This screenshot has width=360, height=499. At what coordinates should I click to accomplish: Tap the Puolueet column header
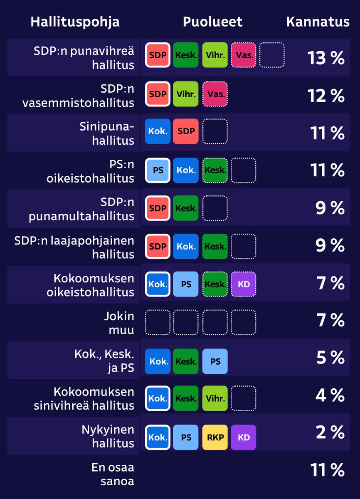click(x=212, y=22)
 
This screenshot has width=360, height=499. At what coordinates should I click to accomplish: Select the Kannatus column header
click(x=318, y=22)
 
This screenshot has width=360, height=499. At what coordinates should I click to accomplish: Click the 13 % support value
click(x=326, y=58)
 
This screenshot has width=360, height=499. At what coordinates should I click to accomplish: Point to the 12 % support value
click(x=326, y=96)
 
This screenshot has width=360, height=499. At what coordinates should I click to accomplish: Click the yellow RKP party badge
click(x=215, y=437)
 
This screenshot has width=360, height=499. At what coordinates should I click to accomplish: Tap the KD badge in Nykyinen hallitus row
click(x=243, y=437)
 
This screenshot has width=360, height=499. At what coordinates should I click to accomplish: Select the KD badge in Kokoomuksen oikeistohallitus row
click(x=243, y=284)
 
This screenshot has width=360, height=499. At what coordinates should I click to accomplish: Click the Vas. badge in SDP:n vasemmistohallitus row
click(x=215, y=94)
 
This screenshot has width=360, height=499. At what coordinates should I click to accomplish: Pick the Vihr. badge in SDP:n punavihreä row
click(x=215, y=55)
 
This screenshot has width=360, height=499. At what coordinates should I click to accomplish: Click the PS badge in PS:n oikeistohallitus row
click(x=158, y=170)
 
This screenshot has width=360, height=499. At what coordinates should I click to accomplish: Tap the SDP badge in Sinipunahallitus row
click(x=186, y=131)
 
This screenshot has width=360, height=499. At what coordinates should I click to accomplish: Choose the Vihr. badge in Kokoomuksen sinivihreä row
click(x=215, y=398)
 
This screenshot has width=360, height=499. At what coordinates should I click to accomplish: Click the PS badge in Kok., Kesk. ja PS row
click(x=215, y=361)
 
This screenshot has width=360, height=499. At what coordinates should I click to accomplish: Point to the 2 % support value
click(x=330, y=432)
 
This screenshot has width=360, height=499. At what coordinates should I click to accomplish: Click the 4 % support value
click(x=330, y=395)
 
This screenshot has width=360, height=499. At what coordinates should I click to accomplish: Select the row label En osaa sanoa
click(x=113, y=474)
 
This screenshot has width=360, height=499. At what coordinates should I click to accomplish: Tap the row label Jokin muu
click(x=119, y=323)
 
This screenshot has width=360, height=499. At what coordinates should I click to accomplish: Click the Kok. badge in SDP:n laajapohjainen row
click(x=186, y=246)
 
